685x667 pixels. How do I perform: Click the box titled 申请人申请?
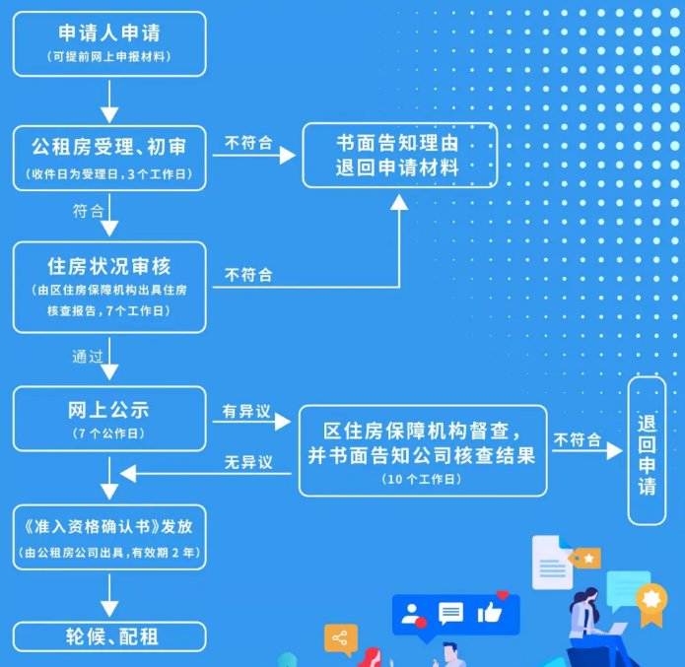pyautogui.click(x=109, y=43)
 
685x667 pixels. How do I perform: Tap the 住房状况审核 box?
pyautogui.click(x=109, y=287)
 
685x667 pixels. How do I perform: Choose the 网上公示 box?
pyautogui.click(x=109, y=418)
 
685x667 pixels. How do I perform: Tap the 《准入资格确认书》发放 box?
pyautogui.click(x=109, y=537)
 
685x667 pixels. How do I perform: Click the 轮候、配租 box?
pyautogui.click(x=109, y=636)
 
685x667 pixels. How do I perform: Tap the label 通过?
pyautogui.click(x=88, y=357)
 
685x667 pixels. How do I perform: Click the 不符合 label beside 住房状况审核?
pyautogui.click(x=248, y=275)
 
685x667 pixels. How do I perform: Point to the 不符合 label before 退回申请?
pyautogui.click(x=578, y=440)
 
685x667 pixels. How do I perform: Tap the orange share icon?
pyautogui.click(x=341, y=638)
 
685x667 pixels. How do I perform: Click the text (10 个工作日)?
pyautogui.click(x=422, y=479)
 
